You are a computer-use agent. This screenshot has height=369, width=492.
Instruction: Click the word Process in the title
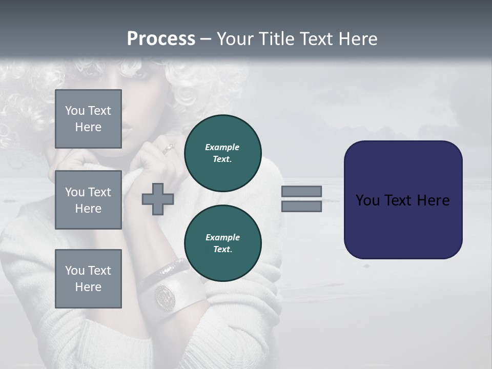coord(161,39)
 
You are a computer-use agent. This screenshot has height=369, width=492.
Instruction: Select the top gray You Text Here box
coord(88,119)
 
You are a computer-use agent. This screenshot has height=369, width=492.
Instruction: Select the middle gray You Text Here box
coord(88,200)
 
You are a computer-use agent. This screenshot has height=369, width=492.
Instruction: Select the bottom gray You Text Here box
coord(88,278)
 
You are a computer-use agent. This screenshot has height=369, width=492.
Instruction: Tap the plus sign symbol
coord(158,199)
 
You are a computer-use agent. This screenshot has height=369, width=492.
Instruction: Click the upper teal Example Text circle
coord(222,153)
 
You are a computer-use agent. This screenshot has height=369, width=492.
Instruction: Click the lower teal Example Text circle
coord(222,243)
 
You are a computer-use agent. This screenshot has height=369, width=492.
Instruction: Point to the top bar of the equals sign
coord(301,191)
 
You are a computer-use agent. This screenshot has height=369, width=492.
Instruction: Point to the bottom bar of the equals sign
coord(301,207)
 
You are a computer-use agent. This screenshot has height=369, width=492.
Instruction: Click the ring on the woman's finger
coord(169,149)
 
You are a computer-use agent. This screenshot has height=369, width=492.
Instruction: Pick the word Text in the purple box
coord(398,200)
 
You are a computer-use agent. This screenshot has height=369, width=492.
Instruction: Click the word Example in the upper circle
coord(222,147)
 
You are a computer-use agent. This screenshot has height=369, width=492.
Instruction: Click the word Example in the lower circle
coord(222,237)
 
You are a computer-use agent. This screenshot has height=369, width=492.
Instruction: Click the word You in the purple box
coord(367,200)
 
